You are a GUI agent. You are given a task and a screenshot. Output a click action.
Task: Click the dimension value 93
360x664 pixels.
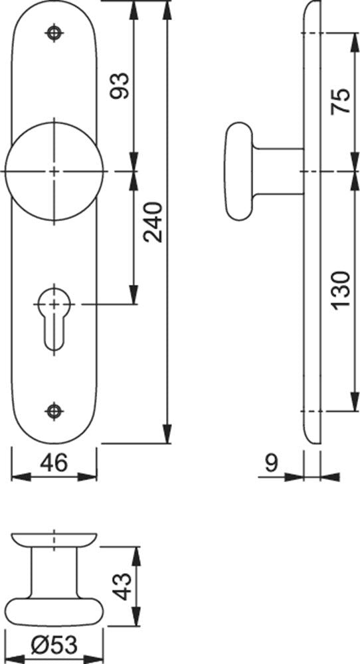[x=119, y=86]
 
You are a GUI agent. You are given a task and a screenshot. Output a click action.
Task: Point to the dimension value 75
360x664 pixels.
[x=341, y=100]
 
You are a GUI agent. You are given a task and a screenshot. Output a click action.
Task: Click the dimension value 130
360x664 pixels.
[x=341, y=291]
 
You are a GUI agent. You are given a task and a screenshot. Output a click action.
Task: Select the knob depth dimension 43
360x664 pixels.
[x=124, y=586]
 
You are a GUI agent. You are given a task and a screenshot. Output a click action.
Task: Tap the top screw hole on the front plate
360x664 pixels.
[x=54, y=33]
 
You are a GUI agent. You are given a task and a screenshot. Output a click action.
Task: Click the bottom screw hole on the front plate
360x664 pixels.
[x=54, y=411]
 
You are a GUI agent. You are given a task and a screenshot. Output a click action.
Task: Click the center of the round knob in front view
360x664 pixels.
[x=54, y=171]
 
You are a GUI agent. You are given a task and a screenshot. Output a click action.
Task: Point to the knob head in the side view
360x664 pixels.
[x=239, y=171]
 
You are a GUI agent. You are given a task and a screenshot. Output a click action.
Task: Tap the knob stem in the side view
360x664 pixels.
[x=278, y=171]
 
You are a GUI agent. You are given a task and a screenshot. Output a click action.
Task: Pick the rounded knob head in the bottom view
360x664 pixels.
[x=54, y=612]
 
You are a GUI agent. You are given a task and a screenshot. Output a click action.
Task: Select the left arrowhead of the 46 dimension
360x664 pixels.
[x=21, y=477]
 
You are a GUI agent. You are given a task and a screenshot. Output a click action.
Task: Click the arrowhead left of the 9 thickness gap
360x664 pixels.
[x=294, y=477]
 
